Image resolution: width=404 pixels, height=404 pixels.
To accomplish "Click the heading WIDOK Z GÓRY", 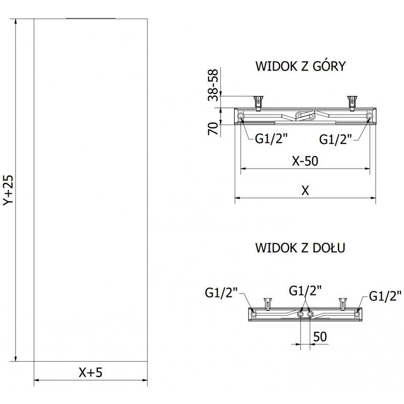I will point(300,67).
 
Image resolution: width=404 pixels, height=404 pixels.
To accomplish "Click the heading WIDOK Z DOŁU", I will point(300,248).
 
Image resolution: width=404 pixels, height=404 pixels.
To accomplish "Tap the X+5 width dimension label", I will point(90,373).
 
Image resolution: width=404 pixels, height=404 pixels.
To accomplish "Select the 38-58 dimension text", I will point(214,85).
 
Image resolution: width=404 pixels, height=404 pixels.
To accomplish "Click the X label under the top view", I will point(305,190).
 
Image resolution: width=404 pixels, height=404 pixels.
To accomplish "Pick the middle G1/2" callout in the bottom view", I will point(305,290).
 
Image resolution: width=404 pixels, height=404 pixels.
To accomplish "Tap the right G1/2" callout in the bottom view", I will point(385,296).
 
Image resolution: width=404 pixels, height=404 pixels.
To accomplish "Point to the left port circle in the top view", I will point(240,117).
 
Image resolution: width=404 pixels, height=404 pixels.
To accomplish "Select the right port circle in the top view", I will point(370,117).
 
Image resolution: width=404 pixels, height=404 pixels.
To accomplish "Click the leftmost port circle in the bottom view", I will point(253,314).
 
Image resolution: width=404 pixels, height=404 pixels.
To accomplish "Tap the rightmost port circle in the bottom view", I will point(358,314).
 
